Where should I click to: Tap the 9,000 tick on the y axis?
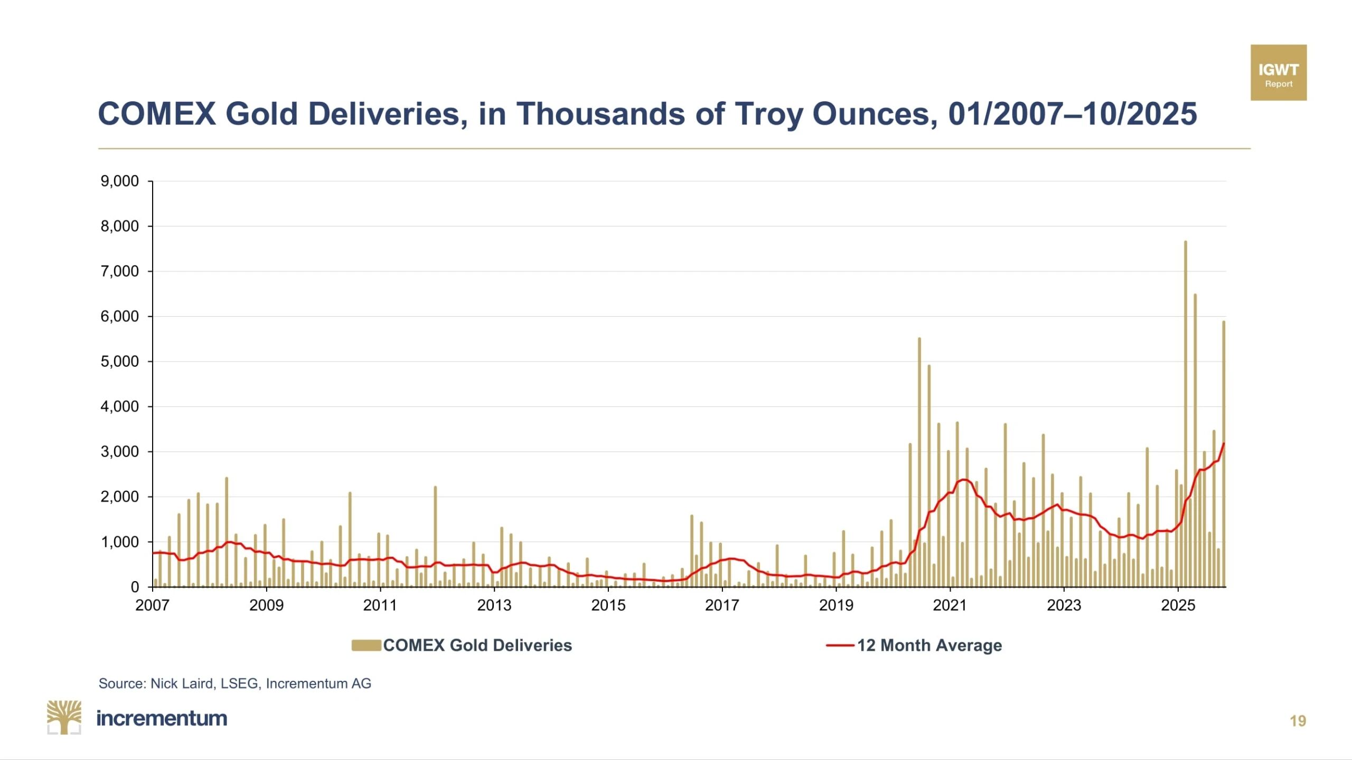pos(120,181)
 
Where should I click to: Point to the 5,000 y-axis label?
pos(120,362)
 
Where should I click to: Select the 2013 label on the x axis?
pos(494,605)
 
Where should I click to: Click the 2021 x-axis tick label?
pos(950,605)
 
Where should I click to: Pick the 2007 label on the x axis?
pos(152,605)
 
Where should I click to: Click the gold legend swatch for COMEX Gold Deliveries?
pos(366,645)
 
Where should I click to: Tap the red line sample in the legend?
pos(840,645)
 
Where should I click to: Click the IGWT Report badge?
pos(1278,73)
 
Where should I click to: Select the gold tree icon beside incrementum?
pos(64,717)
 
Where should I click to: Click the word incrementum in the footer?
pos(162,718)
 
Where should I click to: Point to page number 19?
pos(1298,721)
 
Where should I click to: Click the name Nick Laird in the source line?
pos(182,683)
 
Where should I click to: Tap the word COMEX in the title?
pos(157,113)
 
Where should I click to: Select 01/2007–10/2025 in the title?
pos(1072,113)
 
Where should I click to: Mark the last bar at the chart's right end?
pos(1223,454)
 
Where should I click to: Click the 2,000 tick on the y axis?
pos(120,497)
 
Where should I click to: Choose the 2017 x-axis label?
pos(722,605)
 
